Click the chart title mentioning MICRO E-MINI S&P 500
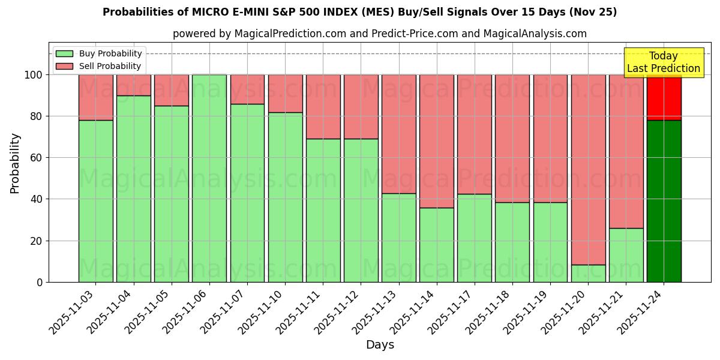(x=359, y=12)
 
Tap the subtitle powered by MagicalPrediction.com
(x=379, y=34)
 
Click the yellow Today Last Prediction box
(x=663, y=62)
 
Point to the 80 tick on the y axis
(x=37, y=116)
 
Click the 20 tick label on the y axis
(x=37, y=241)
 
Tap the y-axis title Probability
(x=15, y=163)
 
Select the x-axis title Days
(x=380, y=344)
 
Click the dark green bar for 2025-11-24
(x=664, y=201)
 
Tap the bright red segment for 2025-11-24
(x=664, y=97)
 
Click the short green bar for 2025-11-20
(x=588, y=274)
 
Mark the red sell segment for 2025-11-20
(x=588, y=169)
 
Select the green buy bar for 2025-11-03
(x=95, y=201)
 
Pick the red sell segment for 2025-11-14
(x=436, y=141)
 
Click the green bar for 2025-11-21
(x=626, y=255)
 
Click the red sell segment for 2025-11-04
(x=133, y=85)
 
